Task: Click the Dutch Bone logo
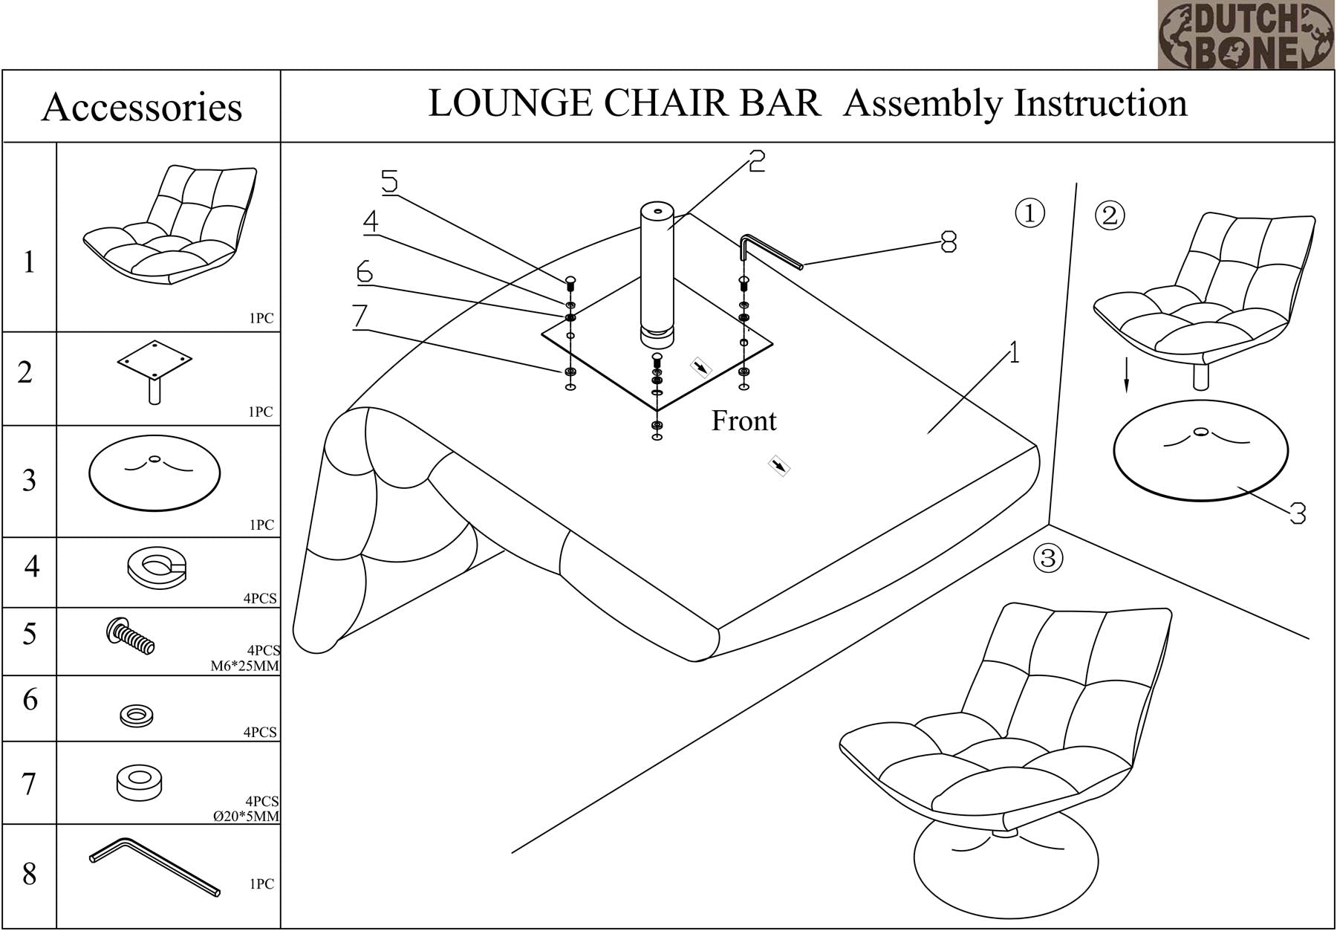click(x=1245, y=35)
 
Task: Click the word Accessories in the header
click(x=141, y=107)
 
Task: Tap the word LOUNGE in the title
click(x=509, y=103)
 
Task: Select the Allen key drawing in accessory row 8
click(x=154, y=866)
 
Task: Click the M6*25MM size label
click(x=244, y=666)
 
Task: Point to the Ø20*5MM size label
click(x=246, y=816)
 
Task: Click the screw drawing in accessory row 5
click(x=131, y=636)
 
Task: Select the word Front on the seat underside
click(x=744, y=421)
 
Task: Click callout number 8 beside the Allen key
click(x=949, y=241)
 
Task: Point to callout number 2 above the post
click(x=756, y=160)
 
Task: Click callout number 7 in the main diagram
click(x=360, y=317)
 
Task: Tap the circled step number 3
click(x=1048, y=557)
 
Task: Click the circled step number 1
click(x=1029, y=213)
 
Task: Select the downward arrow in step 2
click(x=1126, y=374)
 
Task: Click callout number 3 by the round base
click(x=1297, y=513)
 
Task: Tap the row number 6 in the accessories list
click(x=30, y=700)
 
